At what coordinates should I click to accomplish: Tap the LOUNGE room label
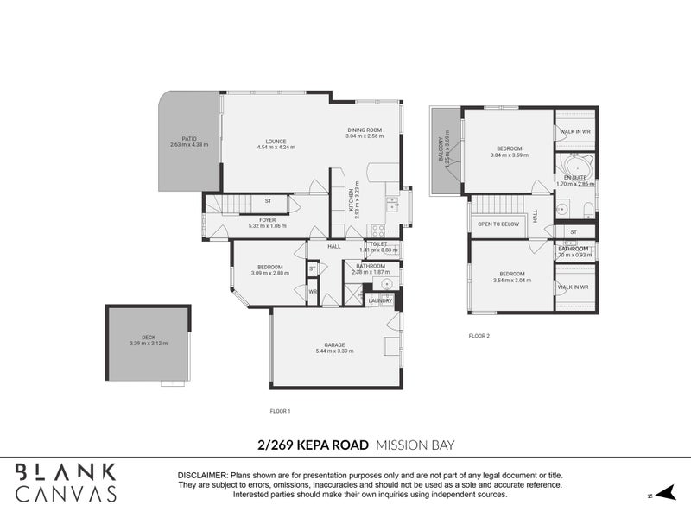coord(276,142)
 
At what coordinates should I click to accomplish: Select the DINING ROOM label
coord(364,130)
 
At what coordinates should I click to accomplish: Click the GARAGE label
coord(334,344)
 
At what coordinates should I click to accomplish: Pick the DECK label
coord(148,338)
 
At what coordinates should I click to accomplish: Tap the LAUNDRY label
coord(381,300)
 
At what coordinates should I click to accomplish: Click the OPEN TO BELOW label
coord(498,223)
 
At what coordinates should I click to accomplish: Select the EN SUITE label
coord(574,177)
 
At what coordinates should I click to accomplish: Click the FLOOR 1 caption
coord(280,411)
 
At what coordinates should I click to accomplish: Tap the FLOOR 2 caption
coord(479,335)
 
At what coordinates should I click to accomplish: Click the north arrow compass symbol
coord(662,494)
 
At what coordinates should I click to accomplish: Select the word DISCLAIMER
coord(202,476)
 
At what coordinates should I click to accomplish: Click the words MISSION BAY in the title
coord(415,445)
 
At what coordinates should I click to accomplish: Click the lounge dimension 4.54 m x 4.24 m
coord(276,148)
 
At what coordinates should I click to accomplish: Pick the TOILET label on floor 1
coord(377,244)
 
